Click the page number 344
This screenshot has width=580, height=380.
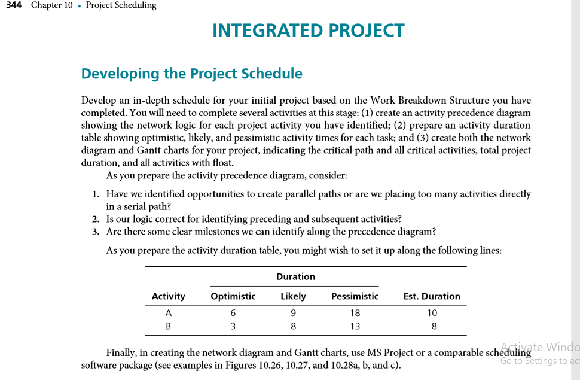tap(13, 5)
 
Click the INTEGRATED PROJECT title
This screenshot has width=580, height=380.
tap(308, 31)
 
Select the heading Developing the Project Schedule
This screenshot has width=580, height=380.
tap(191, 74)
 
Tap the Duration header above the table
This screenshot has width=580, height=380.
tap(295, 276)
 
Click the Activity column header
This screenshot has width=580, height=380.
tap(168, 296)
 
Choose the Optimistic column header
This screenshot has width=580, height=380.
tap(233, 296)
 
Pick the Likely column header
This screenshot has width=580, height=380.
tap(293, 296)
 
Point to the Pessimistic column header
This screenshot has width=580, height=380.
tap(355, 296)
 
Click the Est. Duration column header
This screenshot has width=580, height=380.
tap(432, 296)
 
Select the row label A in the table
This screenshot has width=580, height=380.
tap(168, 312)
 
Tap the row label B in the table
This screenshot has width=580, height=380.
tap(168, 326)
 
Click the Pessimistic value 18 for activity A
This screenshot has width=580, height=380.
tap(355, 312)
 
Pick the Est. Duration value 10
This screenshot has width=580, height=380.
tap(432, 312)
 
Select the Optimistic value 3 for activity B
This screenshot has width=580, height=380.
tap(233, 326)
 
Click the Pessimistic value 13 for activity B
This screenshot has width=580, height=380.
tap(355, 326)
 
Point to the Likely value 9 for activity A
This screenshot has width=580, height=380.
tap(293, 312)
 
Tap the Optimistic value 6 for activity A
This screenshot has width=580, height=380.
tap(233, 312)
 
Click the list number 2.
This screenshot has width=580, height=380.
tap(96, 219)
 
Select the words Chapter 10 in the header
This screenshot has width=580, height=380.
tap(51, 5)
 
